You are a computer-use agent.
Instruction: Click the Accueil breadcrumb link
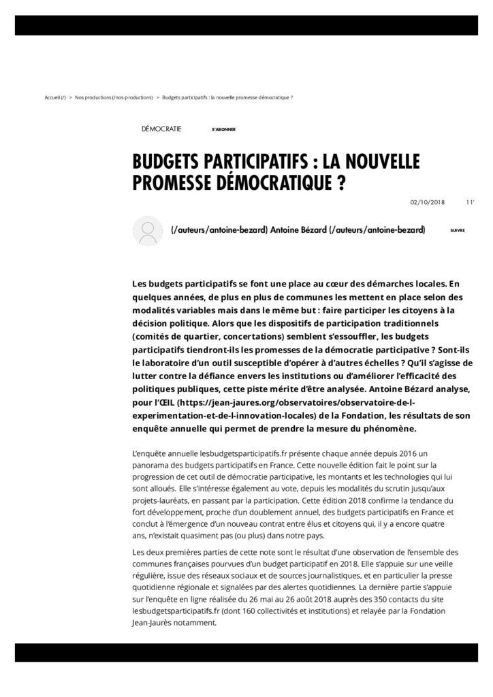55,97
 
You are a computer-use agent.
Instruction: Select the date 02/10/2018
427,201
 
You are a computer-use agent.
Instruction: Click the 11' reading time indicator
470,201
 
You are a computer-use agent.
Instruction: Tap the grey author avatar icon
146,230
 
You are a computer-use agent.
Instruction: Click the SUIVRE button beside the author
457,231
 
